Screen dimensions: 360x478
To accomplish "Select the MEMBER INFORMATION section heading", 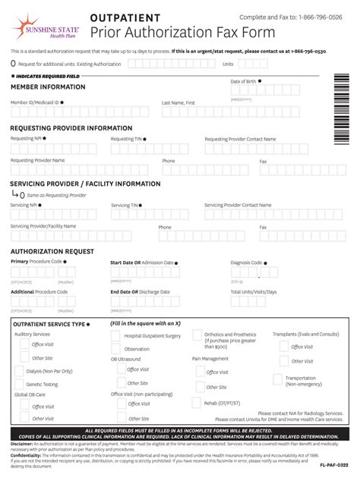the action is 48,86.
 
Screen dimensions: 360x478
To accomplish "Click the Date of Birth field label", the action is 244,81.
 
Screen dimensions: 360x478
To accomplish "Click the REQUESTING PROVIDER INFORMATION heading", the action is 71,128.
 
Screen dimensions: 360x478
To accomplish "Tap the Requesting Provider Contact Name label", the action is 240,139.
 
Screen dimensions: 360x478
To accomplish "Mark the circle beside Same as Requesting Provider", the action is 22,195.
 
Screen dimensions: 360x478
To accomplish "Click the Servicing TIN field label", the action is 125,205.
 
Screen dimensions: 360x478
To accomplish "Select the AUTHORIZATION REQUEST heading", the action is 52,251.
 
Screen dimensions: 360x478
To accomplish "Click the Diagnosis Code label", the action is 246,263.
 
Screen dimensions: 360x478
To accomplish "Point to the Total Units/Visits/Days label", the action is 254,291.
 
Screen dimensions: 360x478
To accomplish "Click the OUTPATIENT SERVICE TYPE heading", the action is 49,324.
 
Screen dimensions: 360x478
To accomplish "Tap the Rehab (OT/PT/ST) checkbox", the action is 197,403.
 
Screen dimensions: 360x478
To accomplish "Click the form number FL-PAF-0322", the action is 333,464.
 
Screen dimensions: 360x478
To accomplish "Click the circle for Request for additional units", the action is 14,64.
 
